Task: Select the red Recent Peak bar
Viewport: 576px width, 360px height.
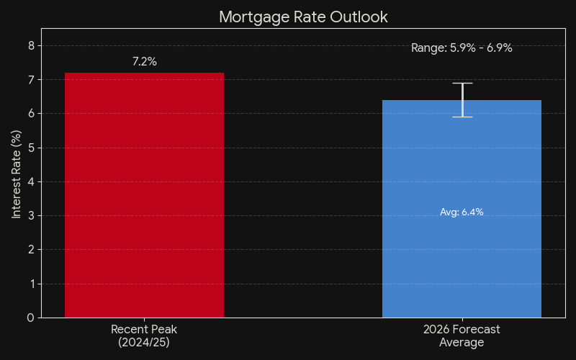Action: click(x=144, y=194)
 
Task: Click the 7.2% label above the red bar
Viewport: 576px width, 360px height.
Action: click(x=144, y=62)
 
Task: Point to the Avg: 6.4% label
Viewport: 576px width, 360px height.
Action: click(x=462, y=212)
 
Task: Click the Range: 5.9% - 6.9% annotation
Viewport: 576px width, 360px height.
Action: click(x=462, y=48)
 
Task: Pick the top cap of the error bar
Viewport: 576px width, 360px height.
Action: click(x=462, y=84)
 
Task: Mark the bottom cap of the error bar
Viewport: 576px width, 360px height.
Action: click(x=462, y=117)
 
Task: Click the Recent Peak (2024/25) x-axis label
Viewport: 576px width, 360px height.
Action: click(x=144, y=336)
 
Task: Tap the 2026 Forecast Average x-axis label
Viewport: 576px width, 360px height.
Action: click(x=462, y=336)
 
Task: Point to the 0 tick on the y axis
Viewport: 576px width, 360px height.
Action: click(x=30, y=318)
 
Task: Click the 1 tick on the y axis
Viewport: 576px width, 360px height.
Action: click(x=30, y=284)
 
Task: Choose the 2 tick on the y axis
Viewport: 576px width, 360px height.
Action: click(x=30, y=250)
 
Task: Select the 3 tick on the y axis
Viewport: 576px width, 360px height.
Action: click(x=30, y=215)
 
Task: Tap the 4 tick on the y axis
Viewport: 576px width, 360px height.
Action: click(x=30, y=181)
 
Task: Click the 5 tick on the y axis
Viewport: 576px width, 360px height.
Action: click(x=30, y=148)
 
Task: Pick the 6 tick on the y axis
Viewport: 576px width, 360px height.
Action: click(x=30, y=113)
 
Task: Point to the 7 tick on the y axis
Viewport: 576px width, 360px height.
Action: click(x=30, y=79)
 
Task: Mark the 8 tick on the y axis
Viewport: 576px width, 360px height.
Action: click(x=30, y=45)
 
